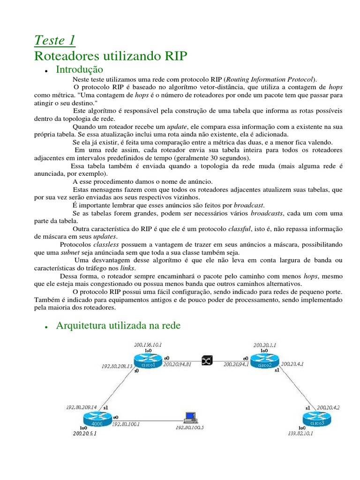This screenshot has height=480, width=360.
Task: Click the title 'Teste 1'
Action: tap(55, 40)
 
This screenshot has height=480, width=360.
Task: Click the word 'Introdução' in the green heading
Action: tap(79, 70)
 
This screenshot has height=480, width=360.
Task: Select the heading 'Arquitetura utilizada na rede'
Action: tap(118, 326)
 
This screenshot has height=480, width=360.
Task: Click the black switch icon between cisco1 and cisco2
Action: tap(207, 360)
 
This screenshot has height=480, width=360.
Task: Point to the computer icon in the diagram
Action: tap(189, 417)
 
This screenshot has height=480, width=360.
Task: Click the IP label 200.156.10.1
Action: tap(148, 344)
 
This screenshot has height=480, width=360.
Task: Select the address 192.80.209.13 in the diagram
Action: tap(117, 366)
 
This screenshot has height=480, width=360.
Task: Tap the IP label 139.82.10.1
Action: tap(300, 434)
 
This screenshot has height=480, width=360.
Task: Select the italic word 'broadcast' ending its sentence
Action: tap(248, 205)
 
